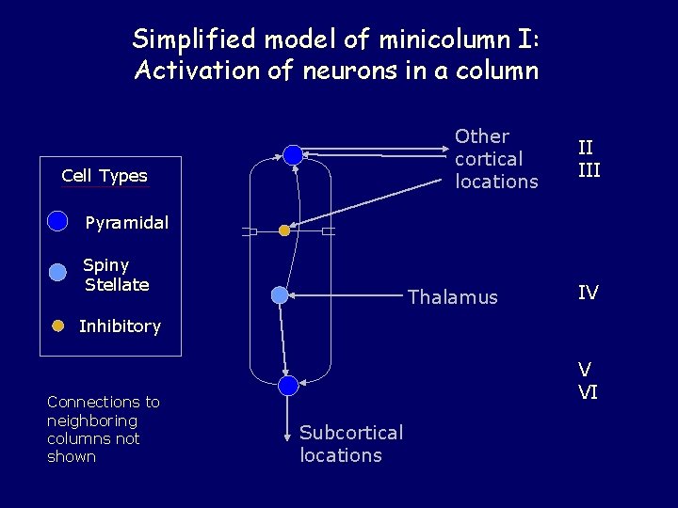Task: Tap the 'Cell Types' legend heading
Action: click(105, 176)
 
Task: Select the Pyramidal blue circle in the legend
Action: click(58, 221)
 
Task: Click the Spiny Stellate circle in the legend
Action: click(58, 272)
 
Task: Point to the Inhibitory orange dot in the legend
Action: click(57, 325)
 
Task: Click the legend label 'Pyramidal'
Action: click(127, 223)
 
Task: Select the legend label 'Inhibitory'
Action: click(120, 326)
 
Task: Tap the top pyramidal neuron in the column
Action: click(293, 154)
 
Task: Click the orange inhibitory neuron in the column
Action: click(284, 230)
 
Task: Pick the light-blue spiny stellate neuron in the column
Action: click(280, 295)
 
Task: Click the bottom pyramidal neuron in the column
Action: click(289, 385)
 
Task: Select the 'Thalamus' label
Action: click(452, 297)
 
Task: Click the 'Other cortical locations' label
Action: click(496, 159)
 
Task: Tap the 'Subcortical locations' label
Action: click(350, 444)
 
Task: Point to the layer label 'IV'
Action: click(588, 293)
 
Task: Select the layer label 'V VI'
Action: click(588, 381)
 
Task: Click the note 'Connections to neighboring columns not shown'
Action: click(104, 429)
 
